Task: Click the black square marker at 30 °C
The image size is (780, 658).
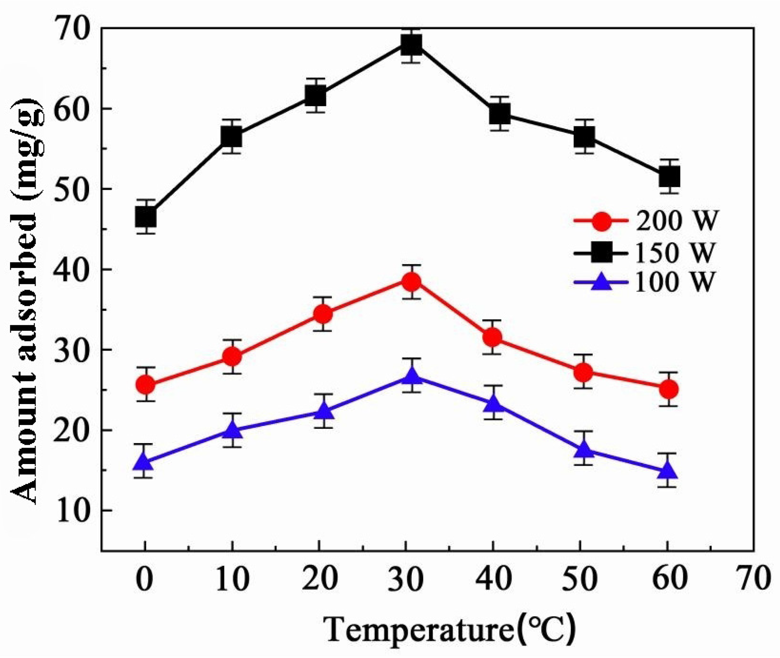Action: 412,44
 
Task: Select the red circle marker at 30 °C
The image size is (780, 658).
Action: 412,282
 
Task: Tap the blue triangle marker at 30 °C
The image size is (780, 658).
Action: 412,375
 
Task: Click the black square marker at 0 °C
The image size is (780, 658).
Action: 146,217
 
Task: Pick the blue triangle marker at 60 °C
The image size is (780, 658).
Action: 667,470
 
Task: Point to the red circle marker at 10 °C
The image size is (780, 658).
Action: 232,357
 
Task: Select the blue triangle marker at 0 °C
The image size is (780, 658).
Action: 145,462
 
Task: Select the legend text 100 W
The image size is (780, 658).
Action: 673,282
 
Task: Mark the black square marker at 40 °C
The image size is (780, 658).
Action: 500,113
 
